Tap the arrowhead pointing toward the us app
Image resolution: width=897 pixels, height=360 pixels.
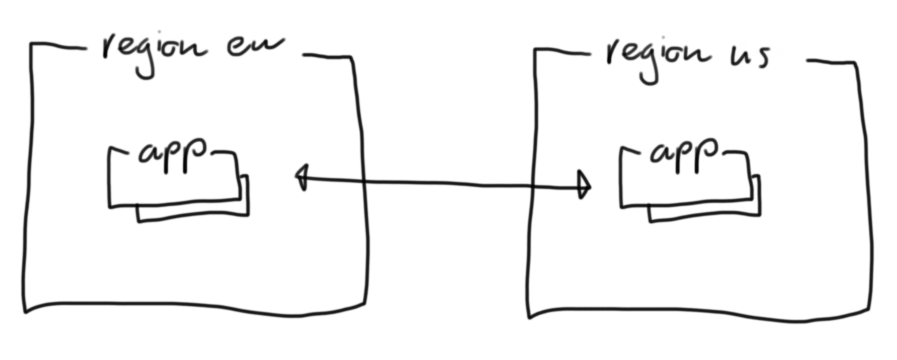pos(583,185)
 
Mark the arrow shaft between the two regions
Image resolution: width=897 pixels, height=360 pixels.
pos(442,182)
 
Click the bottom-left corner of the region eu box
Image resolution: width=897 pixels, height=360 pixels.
pos(26,310)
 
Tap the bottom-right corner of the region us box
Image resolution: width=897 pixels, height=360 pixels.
pos(870,312)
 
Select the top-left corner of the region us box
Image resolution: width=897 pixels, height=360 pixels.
pos(536,51)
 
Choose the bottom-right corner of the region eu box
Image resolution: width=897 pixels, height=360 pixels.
pos(365,304)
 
